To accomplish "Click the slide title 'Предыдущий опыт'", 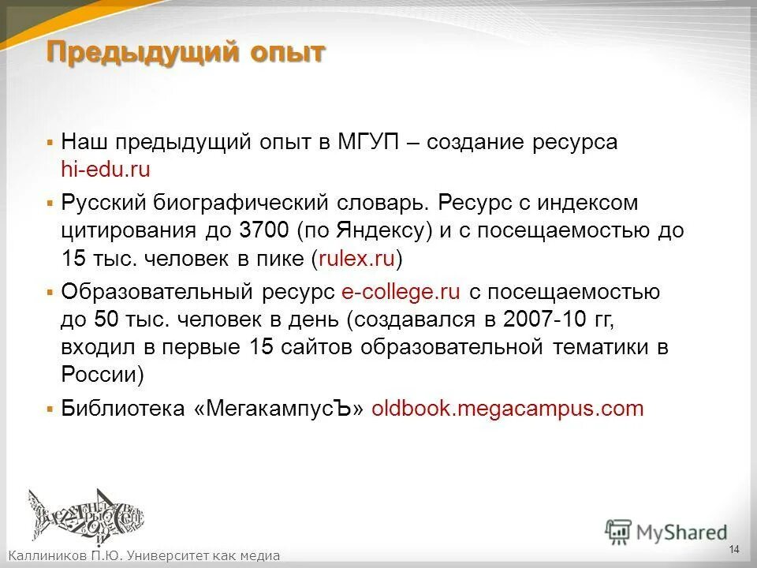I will [185, 54].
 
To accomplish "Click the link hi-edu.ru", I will [105, 170].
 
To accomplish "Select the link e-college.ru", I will [401, 292].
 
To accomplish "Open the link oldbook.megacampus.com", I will [507, 409].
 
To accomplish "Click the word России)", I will [103, 374].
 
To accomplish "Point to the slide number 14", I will [733, 549].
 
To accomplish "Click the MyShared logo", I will [666, 532].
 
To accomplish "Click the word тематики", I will [602, 347].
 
